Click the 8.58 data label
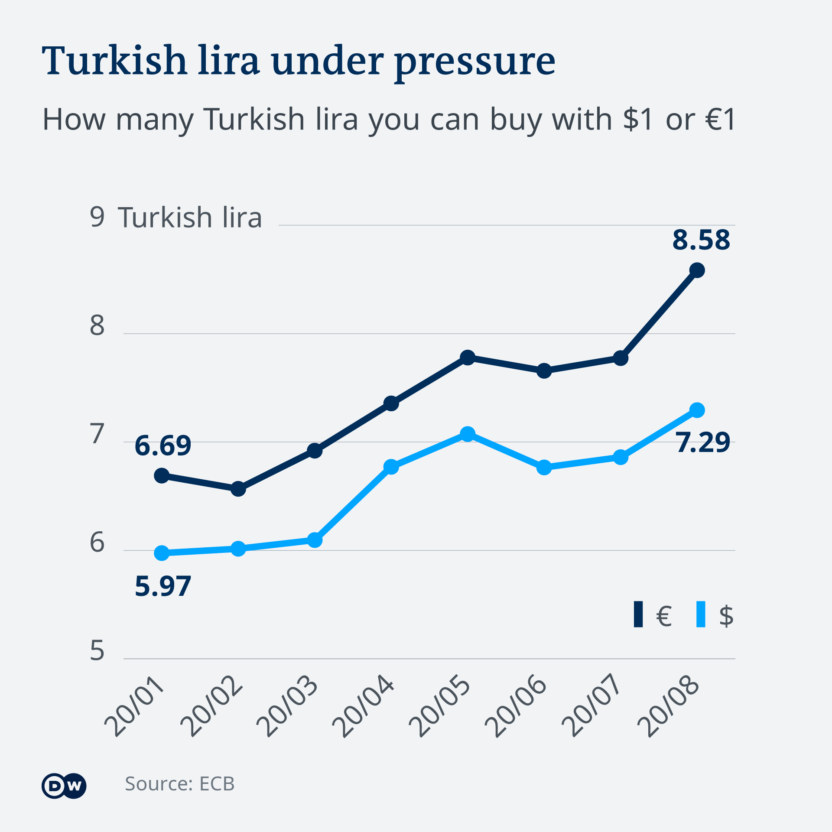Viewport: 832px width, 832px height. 701,240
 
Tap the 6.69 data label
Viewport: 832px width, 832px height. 163,446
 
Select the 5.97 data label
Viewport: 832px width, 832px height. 163,587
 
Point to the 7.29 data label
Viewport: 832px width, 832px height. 703,443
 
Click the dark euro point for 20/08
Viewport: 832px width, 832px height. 697,270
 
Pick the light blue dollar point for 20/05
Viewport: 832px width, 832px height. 468,434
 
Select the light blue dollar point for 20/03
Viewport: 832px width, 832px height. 315,540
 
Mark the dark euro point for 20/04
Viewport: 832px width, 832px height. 391,403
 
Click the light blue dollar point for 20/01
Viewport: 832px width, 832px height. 162,553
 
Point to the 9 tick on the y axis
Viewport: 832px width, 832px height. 97,217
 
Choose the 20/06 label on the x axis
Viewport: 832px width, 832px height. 516,706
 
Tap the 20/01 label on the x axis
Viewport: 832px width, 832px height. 134,706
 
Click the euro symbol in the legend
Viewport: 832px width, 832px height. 664,615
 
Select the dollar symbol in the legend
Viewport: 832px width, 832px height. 726,615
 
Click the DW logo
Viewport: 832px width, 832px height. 64,786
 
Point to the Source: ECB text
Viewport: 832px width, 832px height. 180,784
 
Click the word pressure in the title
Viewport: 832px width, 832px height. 475,62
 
